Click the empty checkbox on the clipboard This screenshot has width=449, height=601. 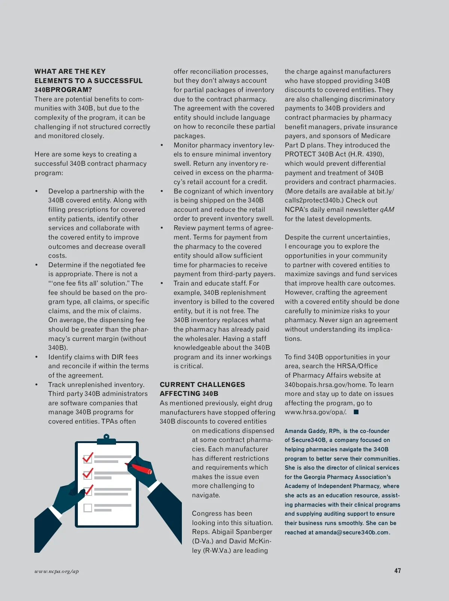pyautogui.click(x=88, y=508)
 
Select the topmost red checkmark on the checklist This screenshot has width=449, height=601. pyautogui.click(x=88, y=458)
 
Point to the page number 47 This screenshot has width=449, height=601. pyautogui.click(x=397, y=571)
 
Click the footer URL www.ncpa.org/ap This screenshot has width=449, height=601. pyautogui.click(x=56, y=571)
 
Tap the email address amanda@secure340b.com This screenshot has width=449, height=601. pyautogui.click(x=352, y=532)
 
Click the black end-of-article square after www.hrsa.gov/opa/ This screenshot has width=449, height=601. pyautogui.click(x=356, y=412)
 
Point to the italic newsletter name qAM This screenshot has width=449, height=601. pyautogui.click(x=387, y=210)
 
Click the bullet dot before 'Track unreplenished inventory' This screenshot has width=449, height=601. pyautogui.click(x=36, y=384)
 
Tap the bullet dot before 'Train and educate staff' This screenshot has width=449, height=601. pyautogui.click(x=162, y=283)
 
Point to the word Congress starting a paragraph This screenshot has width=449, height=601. pyautogui.click(x=207, y=513)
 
